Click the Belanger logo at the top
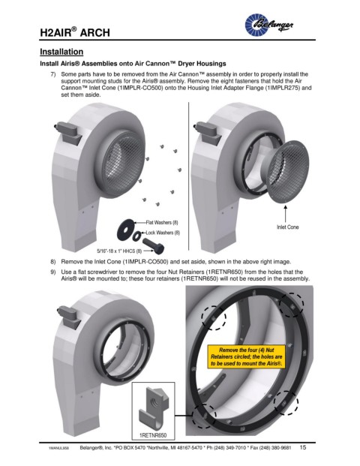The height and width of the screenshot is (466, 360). pyautogui.click(x=268, y=25)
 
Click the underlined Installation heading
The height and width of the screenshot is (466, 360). pyautogui.click(x=61, y=52)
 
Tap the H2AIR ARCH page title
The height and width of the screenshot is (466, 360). pyautogui.click(x=75, y=32)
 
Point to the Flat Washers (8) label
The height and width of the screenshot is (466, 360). pyautogui.click(x=162, y=222)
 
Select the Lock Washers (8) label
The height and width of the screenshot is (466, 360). pyautogui.click(x=163, y=233)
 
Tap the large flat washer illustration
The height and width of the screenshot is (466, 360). pyautogui.click(x=126, y=228)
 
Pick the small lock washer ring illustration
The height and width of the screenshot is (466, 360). pyautogui.click(x=137, y=235)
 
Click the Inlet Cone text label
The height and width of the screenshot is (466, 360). pyautogui.click(x=287, y=227)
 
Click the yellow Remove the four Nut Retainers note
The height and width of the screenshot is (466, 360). pyautogui.click(x=246, y=356)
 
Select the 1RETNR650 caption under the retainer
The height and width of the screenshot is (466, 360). pyautogui.click(x=153, y=435)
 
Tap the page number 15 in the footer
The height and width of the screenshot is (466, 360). pyautogui.click(x=303, y=447)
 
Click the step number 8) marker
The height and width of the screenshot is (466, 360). pyautogui.click(x=52, y=262)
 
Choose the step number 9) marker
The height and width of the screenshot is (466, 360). pyautogui.click(x=52, y=272)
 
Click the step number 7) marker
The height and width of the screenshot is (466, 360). pyautogui.click(x=52, y=74)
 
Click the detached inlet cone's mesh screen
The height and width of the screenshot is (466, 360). pyautogui.click(x=289, y=170)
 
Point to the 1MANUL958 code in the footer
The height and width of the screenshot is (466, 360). pyautogui.click(x=58, y=449)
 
